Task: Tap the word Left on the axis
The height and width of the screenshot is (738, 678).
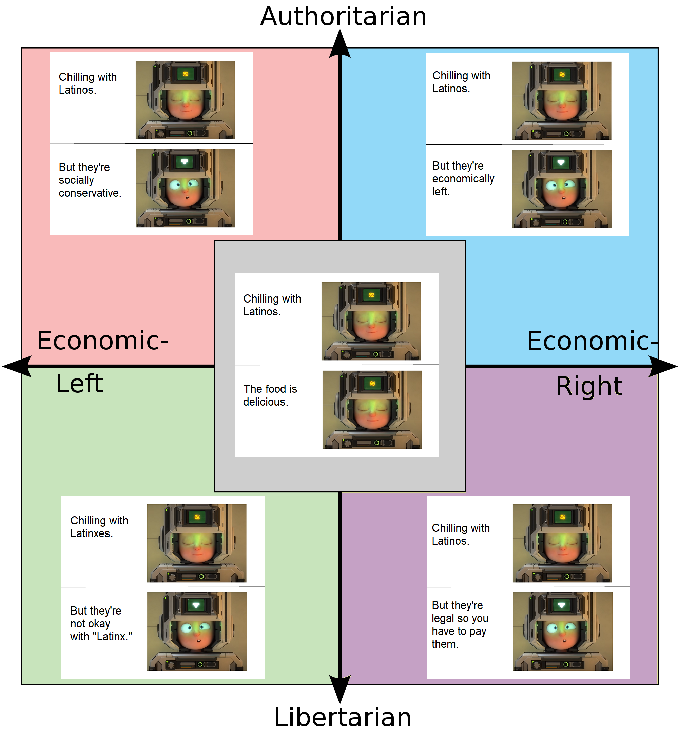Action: pyautogui.click(x=79, y=384)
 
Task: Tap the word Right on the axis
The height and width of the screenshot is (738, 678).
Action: pyautogui.click(x=589, y=386)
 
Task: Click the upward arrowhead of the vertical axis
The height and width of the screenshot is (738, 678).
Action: pyautogui.click(x=340, y=44)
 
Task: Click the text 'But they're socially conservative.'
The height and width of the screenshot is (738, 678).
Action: pyautogui.click(x=90, y=180)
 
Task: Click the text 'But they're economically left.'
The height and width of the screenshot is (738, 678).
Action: pyautogui.click(x=463, y=179)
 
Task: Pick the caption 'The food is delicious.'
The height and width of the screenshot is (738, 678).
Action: pyautogui.click(x=270, y=395)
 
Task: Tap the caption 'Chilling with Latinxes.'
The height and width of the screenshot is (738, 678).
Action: pyautogui.click(x=99, y=527)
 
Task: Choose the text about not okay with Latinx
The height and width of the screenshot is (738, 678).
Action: pyautogui.click(x=101, y=624)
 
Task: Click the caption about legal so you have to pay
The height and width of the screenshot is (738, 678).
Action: pyautogui.click(x=460, y=624)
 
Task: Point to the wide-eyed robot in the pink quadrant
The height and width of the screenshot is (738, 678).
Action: pyautogui.click(x=185, y=188)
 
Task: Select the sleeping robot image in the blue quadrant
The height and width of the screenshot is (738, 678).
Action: pyautogui.click(x=561, y=100)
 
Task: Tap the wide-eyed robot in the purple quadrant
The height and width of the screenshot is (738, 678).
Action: pyautogui.click(x=562, y=631)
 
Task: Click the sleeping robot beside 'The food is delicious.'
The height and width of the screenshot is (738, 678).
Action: pyautogui.click(x=372, y=409)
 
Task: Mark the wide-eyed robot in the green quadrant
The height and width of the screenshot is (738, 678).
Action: pyautogui.click(x=197, y=631)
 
